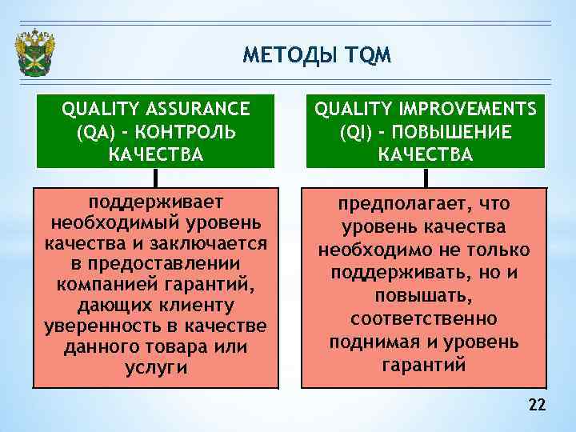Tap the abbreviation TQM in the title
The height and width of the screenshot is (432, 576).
coord(368,55)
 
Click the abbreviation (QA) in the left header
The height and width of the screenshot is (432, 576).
coord(94,131)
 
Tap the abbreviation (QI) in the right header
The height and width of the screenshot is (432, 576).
coord(356,131)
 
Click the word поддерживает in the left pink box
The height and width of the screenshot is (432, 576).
coord(156,201)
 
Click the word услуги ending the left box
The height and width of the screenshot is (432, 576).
coord(156,368)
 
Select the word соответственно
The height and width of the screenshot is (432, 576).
coord(424,318)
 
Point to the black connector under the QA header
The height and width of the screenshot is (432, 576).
coord(155,177)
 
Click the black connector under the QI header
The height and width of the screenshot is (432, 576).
coord(426,177)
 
